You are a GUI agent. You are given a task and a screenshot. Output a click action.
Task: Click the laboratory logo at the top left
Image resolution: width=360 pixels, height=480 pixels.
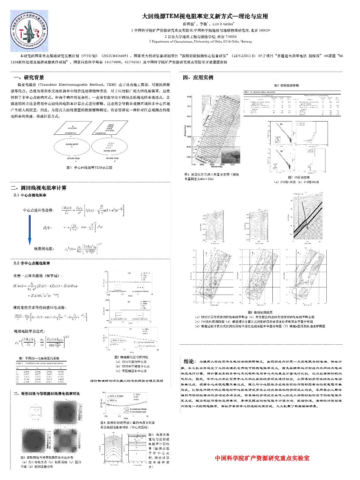coord(29,31)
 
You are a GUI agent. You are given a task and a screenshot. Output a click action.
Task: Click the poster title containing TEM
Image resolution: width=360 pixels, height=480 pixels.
coord(205,16)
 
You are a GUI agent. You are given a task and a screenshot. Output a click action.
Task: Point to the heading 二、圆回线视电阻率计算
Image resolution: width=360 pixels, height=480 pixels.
coord(38,188)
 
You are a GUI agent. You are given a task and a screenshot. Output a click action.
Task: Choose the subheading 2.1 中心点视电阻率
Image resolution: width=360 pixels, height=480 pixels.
coord(30,195)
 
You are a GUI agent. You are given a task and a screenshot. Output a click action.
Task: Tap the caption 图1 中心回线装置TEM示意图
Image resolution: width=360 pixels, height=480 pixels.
coord(89,168)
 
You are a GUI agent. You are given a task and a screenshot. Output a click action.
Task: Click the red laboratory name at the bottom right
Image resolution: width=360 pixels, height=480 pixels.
coord(262,458)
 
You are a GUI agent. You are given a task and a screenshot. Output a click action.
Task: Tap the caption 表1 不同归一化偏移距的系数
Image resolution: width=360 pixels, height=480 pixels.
coord(39,358)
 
